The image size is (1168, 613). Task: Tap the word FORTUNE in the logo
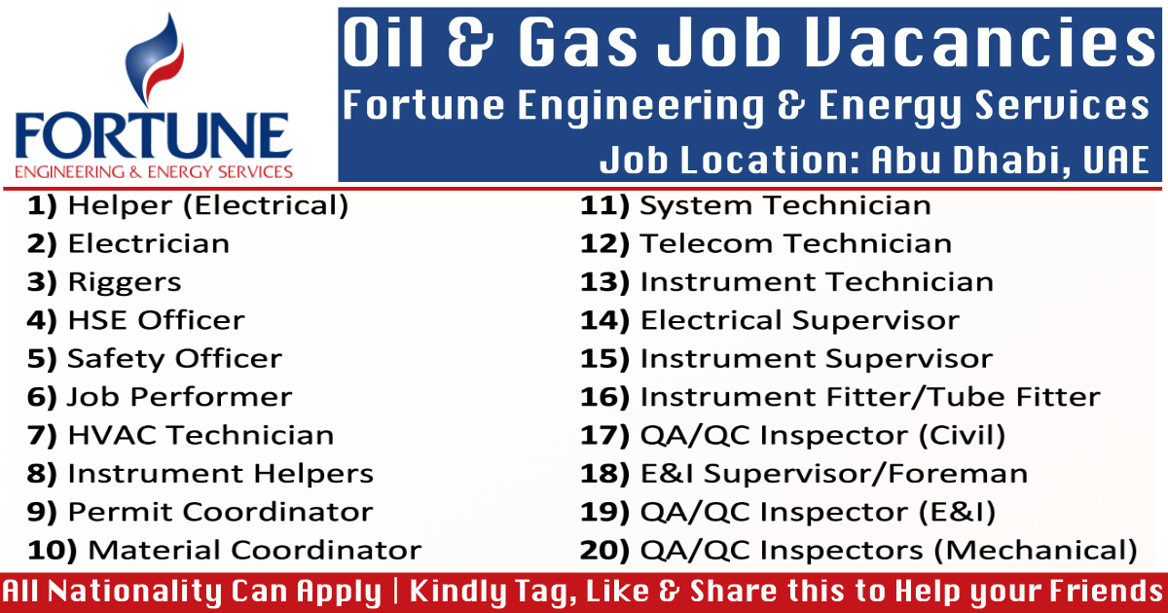pyautogui.click(x=154, y=138)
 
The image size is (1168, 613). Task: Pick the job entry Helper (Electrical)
pyautogui.click(x=207, y=205)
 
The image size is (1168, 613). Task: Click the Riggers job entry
pyautogui.click(x=124, y=282)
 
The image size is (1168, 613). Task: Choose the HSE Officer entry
pyautogui.click(x=156, y=320)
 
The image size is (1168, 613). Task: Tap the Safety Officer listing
pyautogui.click(x=174, y=358)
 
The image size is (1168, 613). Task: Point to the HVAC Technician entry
pyautogui.click(x=200, y=435)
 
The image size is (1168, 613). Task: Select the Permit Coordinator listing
pyautogui.click(x=220, y=512)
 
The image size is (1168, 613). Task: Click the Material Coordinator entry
pyautogui.click(x=255, y=550)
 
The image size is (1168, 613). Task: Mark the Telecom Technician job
pyautogui.click(x=795, y=243)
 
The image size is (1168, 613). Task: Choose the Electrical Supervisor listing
pyautogui.click(x=799, y=320)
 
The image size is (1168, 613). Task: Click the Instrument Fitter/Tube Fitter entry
pyautogui.click(x=869, y=397)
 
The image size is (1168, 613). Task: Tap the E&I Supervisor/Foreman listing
pyautogui.click(x=833, y=474)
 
